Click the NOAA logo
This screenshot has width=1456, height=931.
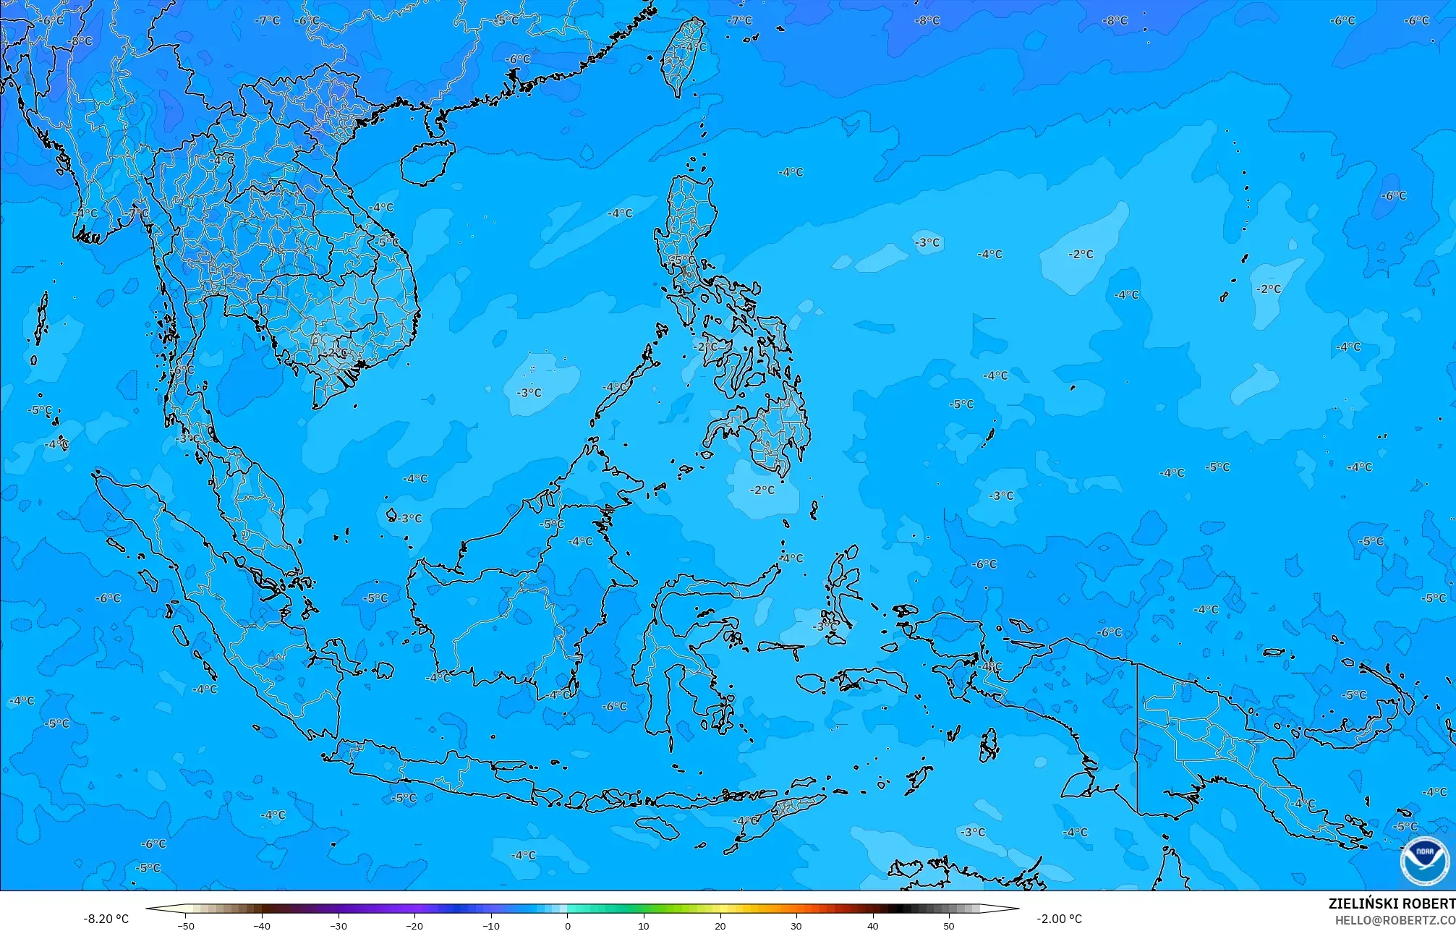tap(1424, 862)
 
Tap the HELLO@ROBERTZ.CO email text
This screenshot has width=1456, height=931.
tap(1395, 920)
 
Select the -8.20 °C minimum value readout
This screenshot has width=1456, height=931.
tap(106, 919)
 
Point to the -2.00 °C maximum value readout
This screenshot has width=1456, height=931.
tap(1059, 919)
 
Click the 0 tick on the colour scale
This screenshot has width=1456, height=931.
tap(567, 925)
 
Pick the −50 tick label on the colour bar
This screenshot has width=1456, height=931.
tap(185, 925)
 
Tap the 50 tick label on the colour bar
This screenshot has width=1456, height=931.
tap(949, 925)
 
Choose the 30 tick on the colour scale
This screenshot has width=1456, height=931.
tap(796, 925)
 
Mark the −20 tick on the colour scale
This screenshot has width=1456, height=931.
tap(414, 925)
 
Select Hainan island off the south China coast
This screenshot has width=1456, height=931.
tap(427, 162)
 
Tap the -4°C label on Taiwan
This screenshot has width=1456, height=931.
tap(695, 47)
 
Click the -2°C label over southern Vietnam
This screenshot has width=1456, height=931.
tap(334, 352)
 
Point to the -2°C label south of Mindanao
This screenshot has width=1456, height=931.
tap(762, 490)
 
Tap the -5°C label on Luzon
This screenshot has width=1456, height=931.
tap(682, 260)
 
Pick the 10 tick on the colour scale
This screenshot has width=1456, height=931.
tap(644, 925)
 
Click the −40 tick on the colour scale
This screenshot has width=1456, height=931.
tap(262, 925)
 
